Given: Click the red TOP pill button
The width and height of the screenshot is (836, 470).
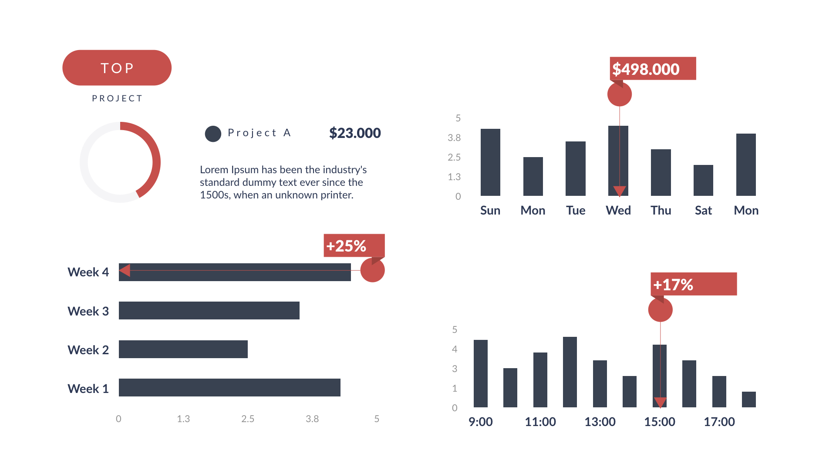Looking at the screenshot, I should [117, 68].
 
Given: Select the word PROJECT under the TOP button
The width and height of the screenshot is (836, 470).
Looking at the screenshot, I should [117, 98].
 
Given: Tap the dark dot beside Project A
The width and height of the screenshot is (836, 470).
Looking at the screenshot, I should [213, 134].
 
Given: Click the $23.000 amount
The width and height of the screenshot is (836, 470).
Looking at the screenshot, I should [355, 133].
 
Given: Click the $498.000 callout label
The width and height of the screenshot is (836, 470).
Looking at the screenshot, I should [652, 69].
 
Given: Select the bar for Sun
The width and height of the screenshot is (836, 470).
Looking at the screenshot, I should [490, 162].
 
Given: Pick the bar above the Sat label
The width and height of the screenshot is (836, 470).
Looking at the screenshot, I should [703, 180].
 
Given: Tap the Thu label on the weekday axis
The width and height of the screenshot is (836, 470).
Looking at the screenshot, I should [661, 211].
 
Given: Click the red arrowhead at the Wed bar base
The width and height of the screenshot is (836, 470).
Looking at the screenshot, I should [619, 191].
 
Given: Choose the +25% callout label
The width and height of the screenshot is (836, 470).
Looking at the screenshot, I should [354, 246].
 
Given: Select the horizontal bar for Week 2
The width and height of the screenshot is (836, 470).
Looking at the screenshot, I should [183, 349].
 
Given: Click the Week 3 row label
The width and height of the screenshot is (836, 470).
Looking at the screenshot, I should [88, 311].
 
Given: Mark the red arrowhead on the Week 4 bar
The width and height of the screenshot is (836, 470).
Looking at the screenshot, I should [125, 271].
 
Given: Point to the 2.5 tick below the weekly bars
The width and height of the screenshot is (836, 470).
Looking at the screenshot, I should [248, 419].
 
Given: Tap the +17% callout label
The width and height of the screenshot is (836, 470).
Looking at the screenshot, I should [693, 284].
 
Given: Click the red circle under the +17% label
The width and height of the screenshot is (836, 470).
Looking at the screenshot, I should [660, 310].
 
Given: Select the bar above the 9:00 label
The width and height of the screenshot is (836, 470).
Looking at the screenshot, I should [481, 373].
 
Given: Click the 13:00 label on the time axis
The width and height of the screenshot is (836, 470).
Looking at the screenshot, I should [600, 422].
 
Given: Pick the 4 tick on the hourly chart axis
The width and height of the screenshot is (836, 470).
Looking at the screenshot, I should [455, 349].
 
